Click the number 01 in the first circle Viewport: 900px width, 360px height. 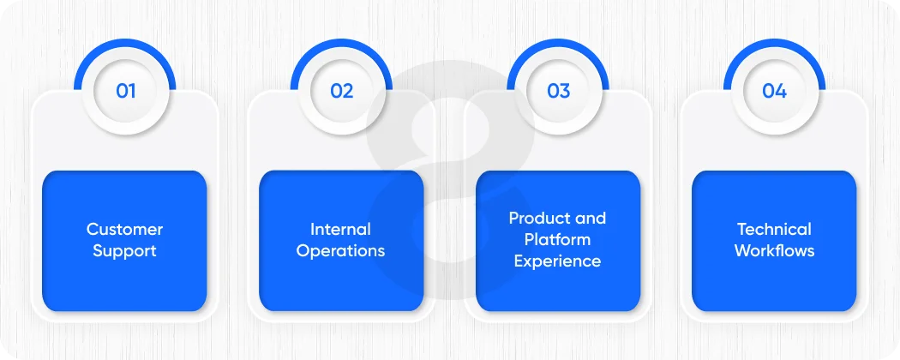coord(125,91)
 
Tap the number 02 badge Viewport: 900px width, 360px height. coord(341,91)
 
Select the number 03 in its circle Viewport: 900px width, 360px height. coord(558,91)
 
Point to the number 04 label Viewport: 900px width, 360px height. coord(774,91)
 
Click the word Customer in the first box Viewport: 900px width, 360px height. coord(124,229)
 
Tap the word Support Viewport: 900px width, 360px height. coord(124,251)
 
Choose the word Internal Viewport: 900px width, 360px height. coord(340,229)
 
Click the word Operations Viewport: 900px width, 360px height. coord(340,251)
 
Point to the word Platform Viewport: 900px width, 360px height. coord(558,240)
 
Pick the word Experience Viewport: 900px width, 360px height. coord(558,261)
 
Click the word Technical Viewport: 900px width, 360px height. coord(774,229)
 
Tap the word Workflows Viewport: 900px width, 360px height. coord(774,251)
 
